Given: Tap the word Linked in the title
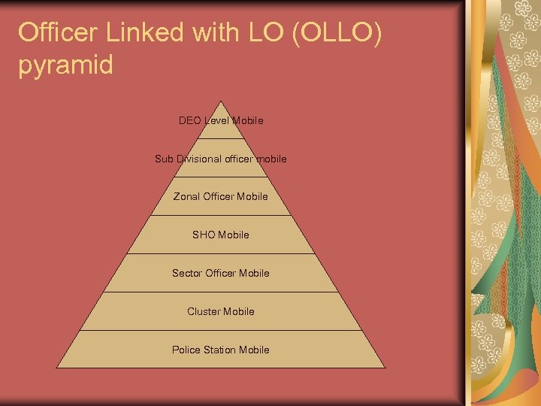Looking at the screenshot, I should pos(151,32).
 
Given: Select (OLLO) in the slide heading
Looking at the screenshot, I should pos(334,32).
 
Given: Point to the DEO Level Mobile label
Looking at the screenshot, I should pos(221,120).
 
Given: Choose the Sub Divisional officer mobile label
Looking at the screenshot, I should pos(221,159).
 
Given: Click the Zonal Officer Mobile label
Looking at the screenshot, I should pos(221,197).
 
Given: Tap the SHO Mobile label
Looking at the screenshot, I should pos(221,235).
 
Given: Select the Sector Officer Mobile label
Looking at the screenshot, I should pos(221,273).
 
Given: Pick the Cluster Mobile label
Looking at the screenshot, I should pos(221,311).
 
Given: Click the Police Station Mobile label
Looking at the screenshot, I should pos(221,350).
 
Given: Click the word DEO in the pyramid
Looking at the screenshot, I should pos(190,120).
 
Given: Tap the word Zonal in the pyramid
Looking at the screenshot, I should pos(186,197).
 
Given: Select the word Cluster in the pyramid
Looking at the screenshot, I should pos(204,311).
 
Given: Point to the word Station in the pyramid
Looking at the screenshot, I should pos(222,350).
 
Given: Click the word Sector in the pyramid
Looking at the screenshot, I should pos(187,273).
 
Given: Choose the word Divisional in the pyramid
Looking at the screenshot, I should pos(199,159).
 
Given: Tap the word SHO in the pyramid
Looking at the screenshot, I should pos(204,235).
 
